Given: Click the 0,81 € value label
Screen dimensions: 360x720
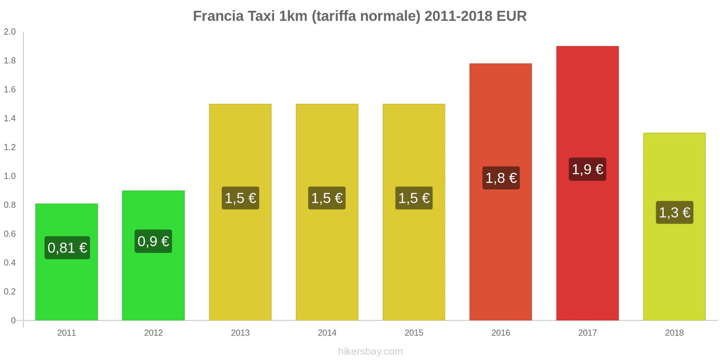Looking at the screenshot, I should [67, 248].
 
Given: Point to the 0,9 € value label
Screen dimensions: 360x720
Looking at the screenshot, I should [153, 242].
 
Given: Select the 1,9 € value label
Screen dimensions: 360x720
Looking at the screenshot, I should [587, 170].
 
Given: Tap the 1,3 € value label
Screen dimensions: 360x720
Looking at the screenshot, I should [674, 212].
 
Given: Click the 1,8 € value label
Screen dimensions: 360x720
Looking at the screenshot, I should [501, 178].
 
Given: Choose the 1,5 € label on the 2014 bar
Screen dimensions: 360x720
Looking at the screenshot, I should [327, 198].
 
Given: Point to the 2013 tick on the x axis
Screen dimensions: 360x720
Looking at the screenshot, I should [240, 333].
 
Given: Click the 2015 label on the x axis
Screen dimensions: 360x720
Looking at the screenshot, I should [414, 333].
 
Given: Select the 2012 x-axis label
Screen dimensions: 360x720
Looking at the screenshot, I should [153, 333].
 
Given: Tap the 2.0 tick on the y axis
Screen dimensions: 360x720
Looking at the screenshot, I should [10, 32].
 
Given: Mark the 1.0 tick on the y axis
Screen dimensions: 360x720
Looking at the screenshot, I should [10, 176].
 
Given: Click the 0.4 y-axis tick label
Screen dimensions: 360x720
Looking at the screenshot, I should [10, 263].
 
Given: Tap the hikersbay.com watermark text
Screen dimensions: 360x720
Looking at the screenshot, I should [370, 351].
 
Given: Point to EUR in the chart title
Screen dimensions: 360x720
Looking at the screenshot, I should [512, 16].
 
